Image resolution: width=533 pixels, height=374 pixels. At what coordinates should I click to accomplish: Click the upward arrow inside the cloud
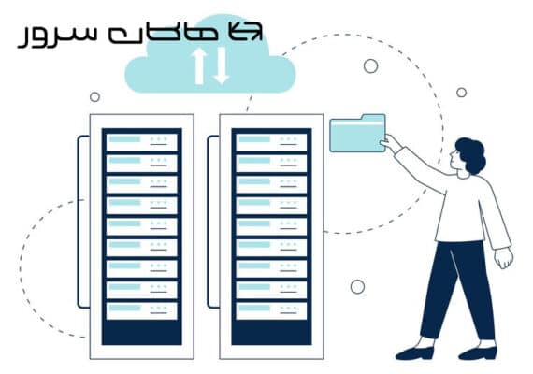click(199, 65)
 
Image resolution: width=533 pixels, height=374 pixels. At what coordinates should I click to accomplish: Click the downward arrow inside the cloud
click(222, 65)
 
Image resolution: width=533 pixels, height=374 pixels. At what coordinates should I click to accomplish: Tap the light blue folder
click(357, 134)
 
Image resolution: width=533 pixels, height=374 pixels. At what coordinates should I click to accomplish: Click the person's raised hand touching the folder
click(388, 141)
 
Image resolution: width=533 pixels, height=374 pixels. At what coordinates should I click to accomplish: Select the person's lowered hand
click(504, 258)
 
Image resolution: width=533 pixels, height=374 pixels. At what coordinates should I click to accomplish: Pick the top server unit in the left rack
click(142, 142)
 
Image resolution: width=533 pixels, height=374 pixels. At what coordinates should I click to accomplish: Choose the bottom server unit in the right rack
click(271, 311)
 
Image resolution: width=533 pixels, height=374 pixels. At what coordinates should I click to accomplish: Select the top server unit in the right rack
click(271, 142)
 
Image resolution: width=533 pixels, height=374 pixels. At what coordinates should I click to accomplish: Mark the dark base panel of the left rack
click(142, 332)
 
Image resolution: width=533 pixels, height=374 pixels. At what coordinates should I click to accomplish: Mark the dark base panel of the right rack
click(271, 332)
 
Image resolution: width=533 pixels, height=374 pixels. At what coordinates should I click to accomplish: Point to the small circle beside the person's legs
click(357, 287)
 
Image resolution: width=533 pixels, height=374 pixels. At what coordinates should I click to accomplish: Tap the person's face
click(456, 158)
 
